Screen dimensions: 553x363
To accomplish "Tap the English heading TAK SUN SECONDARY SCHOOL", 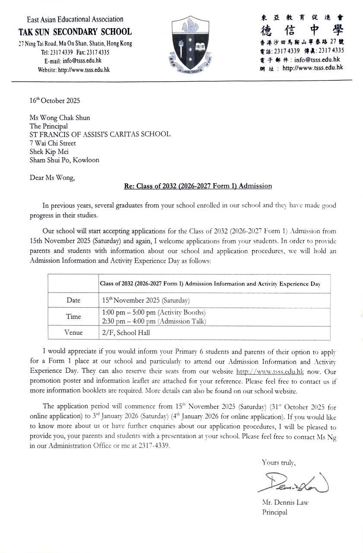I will (75, 32).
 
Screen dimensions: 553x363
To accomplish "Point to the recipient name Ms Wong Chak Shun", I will (60, 118).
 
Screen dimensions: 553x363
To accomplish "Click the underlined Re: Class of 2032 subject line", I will (198, 186).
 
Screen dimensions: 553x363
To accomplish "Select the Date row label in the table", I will (73, 300).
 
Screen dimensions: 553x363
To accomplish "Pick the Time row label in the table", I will (73, 316).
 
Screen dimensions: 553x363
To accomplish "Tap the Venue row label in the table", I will (73, 333).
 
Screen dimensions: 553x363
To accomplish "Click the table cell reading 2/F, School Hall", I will (126, 333).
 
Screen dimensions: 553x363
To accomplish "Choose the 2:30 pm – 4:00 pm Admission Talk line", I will (154, 321).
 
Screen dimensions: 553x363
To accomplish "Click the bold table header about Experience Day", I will (210, 284).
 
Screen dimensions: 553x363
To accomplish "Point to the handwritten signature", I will (293, 483).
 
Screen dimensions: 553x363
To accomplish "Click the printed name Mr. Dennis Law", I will (285, 502).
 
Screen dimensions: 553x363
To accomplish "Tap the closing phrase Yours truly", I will (278, 462).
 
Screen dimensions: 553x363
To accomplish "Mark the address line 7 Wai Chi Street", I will (53, 143).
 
